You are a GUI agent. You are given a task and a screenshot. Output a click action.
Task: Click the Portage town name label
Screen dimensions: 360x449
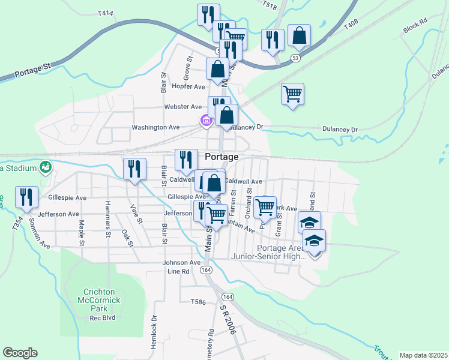(221, 157)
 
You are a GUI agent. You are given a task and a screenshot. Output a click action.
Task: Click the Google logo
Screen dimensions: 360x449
(20, 353)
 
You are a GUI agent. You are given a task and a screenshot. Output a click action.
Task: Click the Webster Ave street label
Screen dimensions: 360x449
(183, 107)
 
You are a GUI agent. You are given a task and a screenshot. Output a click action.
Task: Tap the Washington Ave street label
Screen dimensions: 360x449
(156, 127)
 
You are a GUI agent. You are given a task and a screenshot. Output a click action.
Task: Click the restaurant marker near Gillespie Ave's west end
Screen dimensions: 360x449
(26, 196)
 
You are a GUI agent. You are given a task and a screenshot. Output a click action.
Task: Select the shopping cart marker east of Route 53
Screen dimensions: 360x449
(292, 94)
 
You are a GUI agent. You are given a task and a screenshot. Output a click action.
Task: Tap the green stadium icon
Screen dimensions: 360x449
(44, 167)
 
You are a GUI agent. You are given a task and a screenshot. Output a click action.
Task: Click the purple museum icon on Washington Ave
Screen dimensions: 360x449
(206, 121)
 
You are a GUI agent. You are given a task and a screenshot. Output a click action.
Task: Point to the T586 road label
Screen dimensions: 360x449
(198, 302)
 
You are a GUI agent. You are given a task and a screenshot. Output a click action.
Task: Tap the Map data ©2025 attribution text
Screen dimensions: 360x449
(423, 355)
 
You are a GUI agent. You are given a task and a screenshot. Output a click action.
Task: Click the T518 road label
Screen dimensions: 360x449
(270, 4)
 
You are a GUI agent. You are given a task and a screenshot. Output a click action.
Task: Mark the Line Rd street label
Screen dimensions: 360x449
(178, 271)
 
